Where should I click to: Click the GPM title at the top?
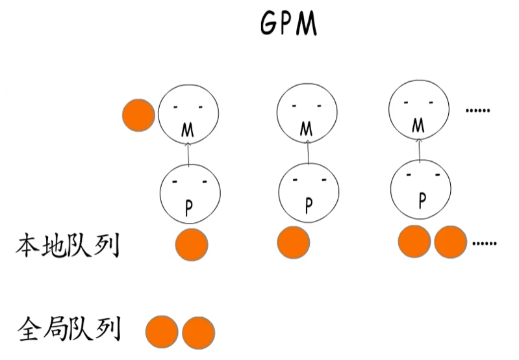click(x=288, y=24)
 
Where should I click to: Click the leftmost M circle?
click(x=188, y=114)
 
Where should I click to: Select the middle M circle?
click(x=307, y=112)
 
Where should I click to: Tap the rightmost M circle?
click(x=419, y=110)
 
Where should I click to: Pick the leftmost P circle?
click(x=190, y=194)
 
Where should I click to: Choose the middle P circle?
click(x=309, y=192)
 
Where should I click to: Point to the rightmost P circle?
click(x=420, y=189)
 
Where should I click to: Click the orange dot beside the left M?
click(x=138, y=115)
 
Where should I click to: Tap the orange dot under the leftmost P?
click(x=192, y=245)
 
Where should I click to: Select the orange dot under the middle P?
click(x=293, y=242)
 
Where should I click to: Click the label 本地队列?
click(x=68, y=246)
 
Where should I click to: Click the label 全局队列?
click(x=69, y=329)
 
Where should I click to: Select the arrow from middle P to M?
click(x=308, y=152)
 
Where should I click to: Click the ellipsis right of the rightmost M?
click(x=477, y=110)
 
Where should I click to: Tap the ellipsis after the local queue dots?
click(x=484, y=244)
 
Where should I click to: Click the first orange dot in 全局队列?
click(x=162, y=332)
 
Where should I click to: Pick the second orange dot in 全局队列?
click(x=198, y=333)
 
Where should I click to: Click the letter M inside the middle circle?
click(x=306, y=129)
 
